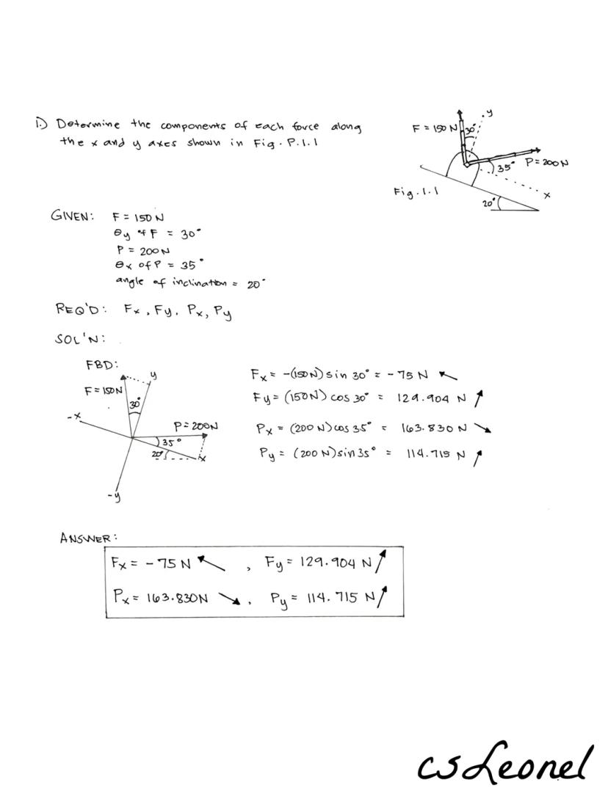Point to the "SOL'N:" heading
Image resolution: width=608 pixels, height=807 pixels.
pos(79,340)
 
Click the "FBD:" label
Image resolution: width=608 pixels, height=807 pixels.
pos(102,363)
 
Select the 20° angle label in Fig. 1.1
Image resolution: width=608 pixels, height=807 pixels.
pos(489,202)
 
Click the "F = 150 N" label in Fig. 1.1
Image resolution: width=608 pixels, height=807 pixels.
pos(435,128)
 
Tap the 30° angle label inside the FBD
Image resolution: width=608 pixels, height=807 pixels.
pos(136,404)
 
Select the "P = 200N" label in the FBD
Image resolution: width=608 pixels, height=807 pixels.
pos(195,426)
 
